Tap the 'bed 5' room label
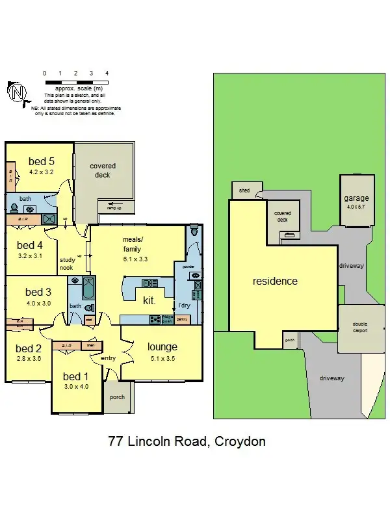41,161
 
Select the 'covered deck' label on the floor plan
102,170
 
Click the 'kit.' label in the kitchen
149,301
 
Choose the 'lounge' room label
162,346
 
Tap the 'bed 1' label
75,376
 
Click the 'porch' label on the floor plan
117,397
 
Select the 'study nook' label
68,250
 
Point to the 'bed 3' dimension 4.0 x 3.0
38,303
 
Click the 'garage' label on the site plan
356,198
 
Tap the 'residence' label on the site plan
275,281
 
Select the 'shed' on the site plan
244,190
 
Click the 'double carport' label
359,327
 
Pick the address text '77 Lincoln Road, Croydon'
187,442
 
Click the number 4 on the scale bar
107,73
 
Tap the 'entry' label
107,357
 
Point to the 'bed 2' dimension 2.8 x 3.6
28,358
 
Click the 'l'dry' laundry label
184,305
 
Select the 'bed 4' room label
30,245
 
